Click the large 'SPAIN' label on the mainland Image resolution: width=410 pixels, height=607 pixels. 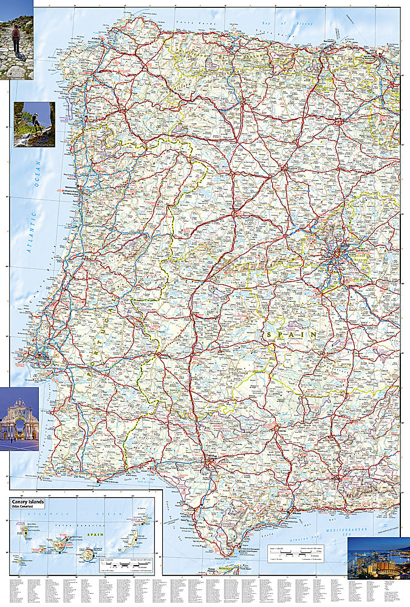pyautogui.click(x=291, y=334)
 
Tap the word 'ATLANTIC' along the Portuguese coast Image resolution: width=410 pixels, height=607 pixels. pyautogui.click(x=30, y=231)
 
